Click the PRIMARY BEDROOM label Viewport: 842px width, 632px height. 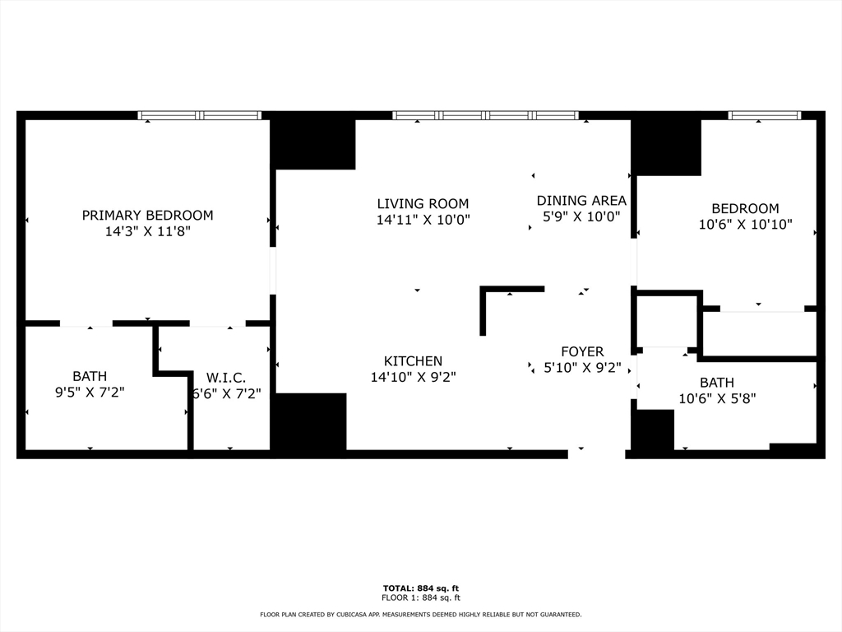coord(148,216)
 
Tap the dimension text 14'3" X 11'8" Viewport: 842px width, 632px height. coord(148,231)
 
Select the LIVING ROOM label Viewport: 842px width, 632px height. coord(423,204)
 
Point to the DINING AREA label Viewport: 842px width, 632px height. coord(581,201)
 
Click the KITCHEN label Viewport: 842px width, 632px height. coord(413,361)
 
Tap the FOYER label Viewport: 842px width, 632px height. coord(582,351)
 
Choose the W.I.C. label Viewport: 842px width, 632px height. coord(226,378)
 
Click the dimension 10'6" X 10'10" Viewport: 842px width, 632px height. coord(745,224)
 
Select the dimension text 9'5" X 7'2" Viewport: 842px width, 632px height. coord(90,393)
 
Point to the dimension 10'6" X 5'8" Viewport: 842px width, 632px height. coord(717,399)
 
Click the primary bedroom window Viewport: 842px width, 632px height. coord(200,115)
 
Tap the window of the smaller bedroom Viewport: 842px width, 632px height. coord(765,115)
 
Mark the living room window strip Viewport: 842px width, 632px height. coord(485,115)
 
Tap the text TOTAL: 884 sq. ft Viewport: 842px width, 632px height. coord(421,588)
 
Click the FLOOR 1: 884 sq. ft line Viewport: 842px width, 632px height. coord(421,597)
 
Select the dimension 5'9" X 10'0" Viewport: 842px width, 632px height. coord(581,216)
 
